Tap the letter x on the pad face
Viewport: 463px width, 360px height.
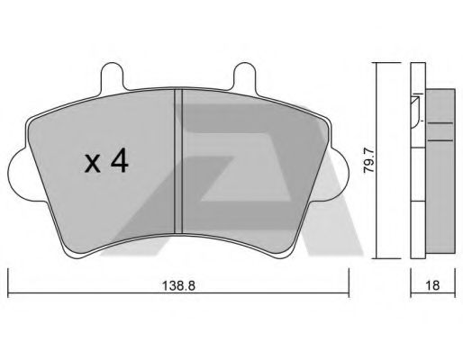click(92, 165)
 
